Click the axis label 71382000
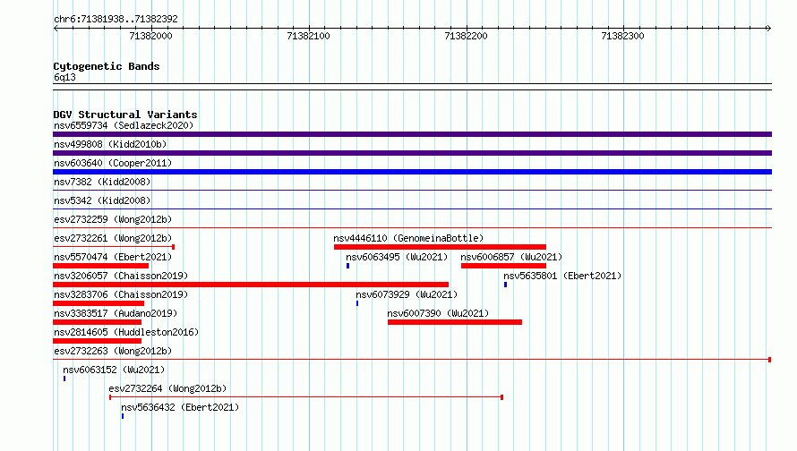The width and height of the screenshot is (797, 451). click(151, 36)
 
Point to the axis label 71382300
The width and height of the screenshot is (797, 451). click(622, 36)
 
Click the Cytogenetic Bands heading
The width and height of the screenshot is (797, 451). click(107, 66)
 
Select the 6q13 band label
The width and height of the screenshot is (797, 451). click(64, 77)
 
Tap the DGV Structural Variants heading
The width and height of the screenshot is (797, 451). click(125, 115)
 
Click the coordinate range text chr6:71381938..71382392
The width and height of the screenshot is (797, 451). click(116, 20)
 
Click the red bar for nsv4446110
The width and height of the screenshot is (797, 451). click(441, 247)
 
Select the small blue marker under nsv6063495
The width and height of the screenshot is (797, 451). click(347, 266)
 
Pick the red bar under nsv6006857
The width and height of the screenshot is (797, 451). click(503, 266)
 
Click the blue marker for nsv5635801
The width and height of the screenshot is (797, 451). click(505, 285)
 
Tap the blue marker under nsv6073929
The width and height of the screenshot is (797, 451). click(357, 303)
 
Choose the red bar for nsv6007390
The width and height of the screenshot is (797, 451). click(455, 322)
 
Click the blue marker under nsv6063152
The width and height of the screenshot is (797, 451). click(64, 379)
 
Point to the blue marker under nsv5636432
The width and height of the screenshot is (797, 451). click(123, 416)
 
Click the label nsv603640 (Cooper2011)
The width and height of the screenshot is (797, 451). click(113, 163)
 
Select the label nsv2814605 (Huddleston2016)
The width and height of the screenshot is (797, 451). click(126, 332)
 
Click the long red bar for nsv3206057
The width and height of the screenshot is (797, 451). click(251, 285)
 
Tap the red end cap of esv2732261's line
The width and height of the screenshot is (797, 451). click(174, 247)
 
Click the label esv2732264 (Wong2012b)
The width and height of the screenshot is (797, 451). click(167, 388)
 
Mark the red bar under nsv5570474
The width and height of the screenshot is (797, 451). click(100, 266)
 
